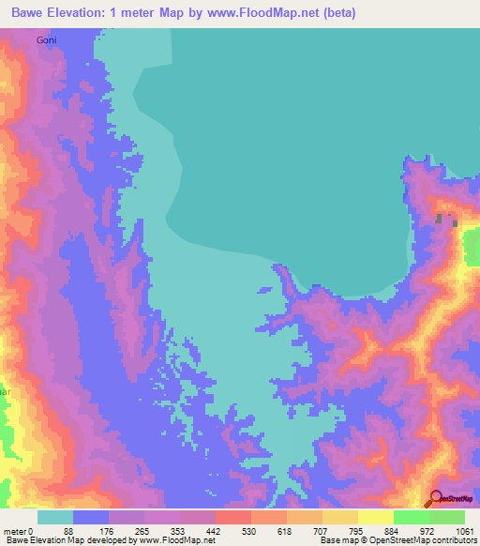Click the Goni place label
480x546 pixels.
pos(46,40)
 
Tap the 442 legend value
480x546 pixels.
pos(212,530)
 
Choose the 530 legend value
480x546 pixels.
pos(247,530)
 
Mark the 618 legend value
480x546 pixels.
pos(282,530)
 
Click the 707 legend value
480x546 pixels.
pos(319,530)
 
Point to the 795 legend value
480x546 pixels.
pos(354,530)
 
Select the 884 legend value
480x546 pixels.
pos(390,530)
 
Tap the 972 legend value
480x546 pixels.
pos(427,530)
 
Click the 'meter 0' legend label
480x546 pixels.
pos(18,530)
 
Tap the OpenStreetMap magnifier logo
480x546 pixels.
pos(437,498)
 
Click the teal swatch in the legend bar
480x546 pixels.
pos(55,517)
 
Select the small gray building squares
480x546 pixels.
pos(446,220)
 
